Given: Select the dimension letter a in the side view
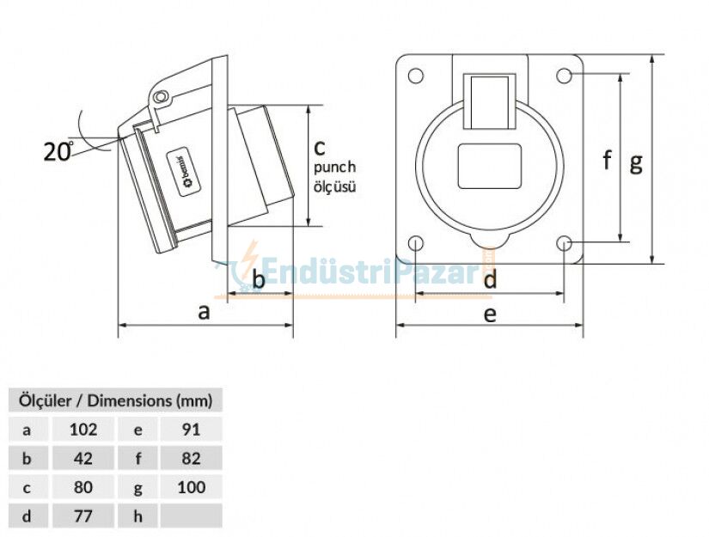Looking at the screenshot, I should tap(204, 311).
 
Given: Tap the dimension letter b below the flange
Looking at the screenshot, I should tap(258, 280).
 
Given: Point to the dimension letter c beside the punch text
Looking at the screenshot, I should tap(319, 146).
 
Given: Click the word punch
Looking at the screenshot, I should tap(334, 168).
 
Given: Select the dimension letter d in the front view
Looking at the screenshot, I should tap(489, 280).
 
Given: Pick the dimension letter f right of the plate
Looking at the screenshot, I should tap(607, 160).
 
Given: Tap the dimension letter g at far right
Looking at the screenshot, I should tap(635, 162).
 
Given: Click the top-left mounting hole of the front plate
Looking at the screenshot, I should tap(416, 76).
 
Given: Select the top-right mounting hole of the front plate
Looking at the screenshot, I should tap(564, 76).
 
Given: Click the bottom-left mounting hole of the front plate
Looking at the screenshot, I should tap(416, 244).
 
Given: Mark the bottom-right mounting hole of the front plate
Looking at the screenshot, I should tap(564, 244).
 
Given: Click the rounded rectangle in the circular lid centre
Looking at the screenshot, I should tap(490, 167).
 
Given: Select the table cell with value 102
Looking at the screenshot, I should tap(83, 429).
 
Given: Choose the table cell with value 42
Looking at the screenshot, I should tap(83, 458).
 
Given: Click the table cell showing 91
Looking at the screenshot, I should tap(191, 429).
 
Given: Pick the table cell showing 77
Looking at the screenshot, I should tap(83, 516).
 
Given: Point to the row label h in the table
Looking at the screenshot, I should tap(138, 516).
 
